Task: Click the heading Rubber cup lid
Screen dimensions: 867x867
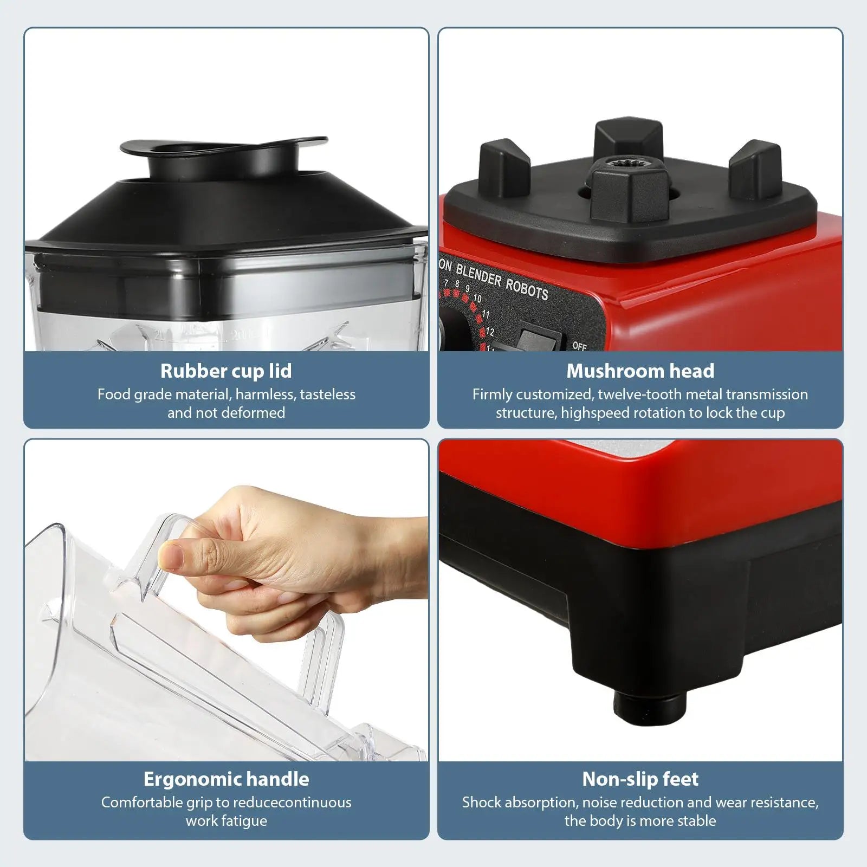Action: point(226,371)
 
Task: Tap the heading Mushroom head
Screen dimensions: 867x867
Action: point(640,371)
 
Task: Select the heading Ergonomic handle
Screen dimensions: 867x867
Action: point(226,779)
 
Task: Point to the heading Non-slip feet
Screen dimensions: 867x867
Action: point(640,779)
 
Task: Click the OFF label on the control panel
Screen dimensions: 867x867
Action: point(579,346)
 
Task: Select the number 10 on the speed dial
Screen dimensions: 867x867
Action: point(477,299)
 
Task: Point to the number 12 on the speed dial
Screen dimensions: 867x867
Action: point(490,332)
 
